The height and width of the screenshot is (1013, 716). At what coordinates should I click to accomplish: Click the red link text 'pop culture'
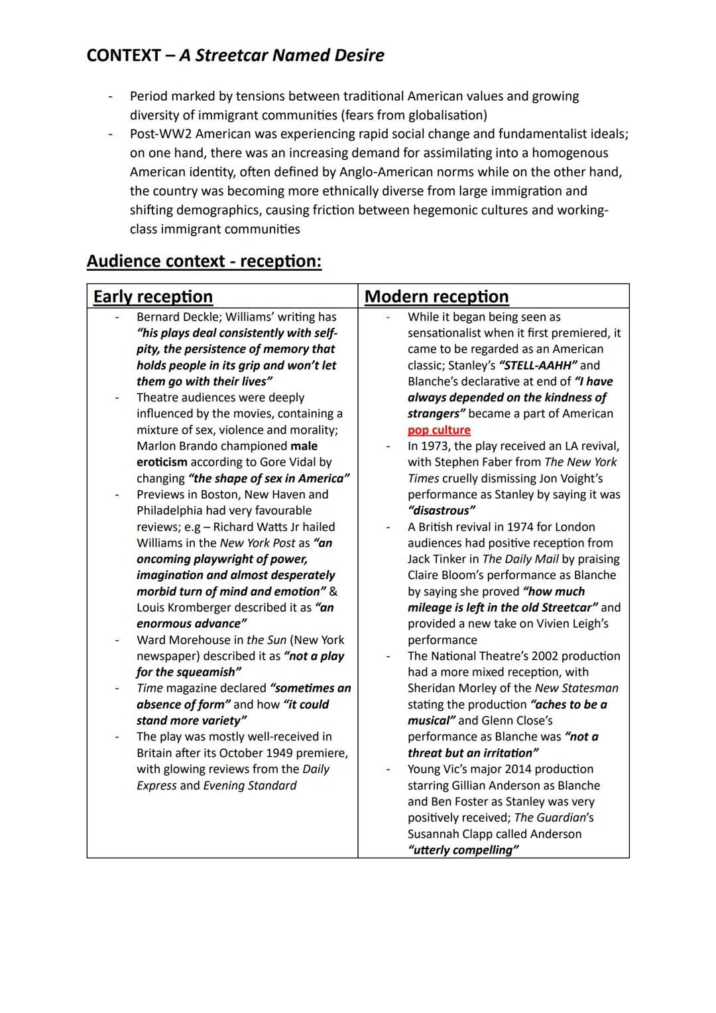tap(439, 430)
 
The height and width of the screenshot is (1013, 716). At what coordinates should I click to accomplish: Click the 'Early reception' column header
tap(153, 297)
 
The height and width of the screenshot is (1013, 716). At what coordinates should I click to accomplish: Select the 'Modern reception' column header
tap(436, 297)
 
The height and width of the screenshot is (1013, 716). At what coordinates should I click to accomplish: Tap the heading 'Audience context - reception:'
tap(204, 261)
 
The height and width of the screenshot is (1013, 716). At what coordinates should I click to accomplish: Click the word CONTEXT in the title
tap(123, 55)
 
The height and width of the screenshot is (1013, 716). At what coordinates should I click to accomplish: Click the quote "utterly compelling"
tap(463, 850)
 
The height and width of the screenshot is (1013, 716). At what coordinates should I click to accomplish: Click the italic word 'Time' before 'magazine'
tap(149, 688)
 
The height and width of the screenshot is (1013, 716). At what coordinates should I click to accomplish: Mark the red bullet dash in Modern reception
tap(388, 317)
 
